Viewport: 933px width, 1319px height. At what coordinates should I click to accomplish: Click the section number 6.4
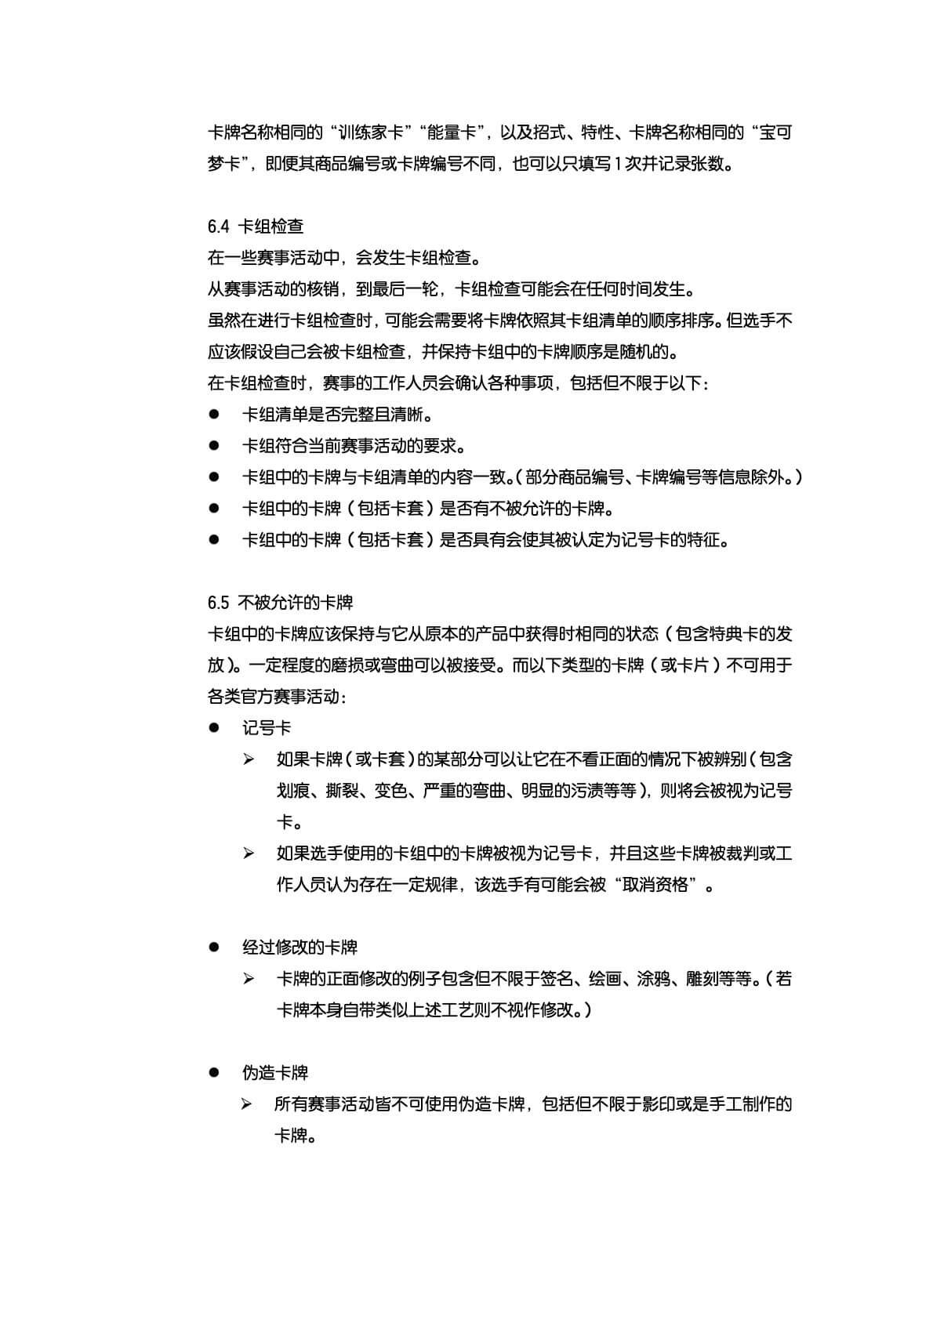pyautogui.click(x=218, y=227)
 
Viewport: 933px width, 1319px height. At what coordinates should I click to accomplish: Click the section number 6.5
pyautogui.click(x=218, y=603)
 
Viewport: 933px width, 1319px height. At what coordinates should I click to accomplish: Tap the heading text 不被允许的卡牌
pyautogui.click(x=296, y=603)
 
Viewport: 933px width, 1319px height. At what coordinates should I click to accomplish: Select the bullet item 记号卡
pyautogui.click(x=267, y=728)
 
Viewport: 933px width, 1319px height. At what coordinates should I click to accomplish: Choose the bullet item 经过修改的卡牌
pyautogui.click(x=300, y=948)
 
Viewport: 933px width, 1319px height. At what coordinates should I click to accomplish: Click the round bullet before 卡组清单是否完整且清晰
pyautogui.click(x=213, y=415)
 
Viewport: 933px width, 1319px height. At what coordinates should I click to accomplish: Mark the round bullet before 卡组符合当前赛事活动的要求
pyautogui.click(x=213, y=446)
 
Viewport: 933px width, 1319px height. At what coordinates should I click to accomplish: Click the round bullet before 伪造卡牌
pyautogui.click(x=213, y=1073)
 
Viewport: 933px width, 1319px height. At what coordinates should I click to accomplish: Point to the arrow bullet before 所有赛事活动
pyautogui.click(x=248, y=1104)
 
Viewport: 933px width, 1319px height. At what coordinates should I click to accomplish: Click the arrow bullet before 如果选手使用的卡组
pyautogui.click(x=249, y=853)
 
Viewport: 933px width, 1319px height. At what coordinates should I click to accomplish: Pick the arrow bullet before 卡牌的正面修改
pyautogui.click(x=249, y=979)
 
